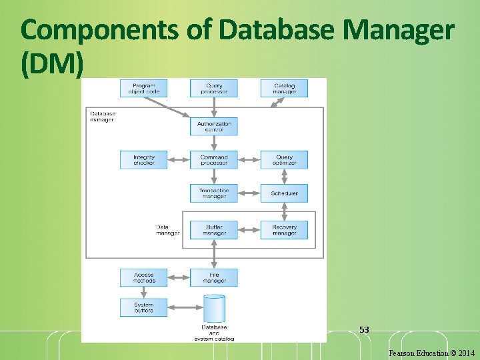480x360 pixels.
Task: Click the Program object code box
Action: click(x=143, y=88)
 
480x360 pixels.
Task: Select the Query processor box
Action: click(x=213, y=88)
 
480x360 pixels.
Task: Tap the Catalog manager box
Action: click(x=284, y=88)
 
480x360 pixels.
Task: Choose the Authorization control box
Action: click(x=213, y=126)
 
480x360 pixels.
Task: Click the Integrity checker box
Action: click(x=143, y=160)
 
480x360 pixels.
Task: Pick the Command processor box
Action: click(x=213, y=160)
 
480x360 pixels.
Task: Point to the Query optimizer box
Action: click(x=284, y=160)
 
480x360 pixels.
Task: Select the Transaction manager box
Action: click(x=213, y=193)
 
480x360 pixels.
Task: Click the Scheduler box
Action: click(x=284, y=193)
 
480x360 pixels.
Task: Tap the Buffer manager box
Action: click(x=213, y=230)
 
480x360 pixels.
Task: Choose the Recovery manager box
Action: click(x=284, y=230)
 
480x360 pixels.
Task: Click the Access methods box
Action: click(x=143, y=277)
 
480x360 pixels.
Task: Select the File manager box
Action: click(x=213, y=277)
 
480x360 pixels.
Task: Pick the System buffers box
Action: click(x=143, y=307)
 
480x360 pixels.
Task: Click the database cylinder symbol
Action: click(x=214, y=309)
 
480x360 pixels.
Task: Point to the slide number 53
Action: click(x=364, y=330)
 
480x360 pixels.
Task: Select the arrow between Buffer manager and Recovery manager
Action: click(x=249, y=230)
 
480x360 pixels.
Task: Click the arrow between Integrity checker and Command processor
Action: click(x=179, y=160)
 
